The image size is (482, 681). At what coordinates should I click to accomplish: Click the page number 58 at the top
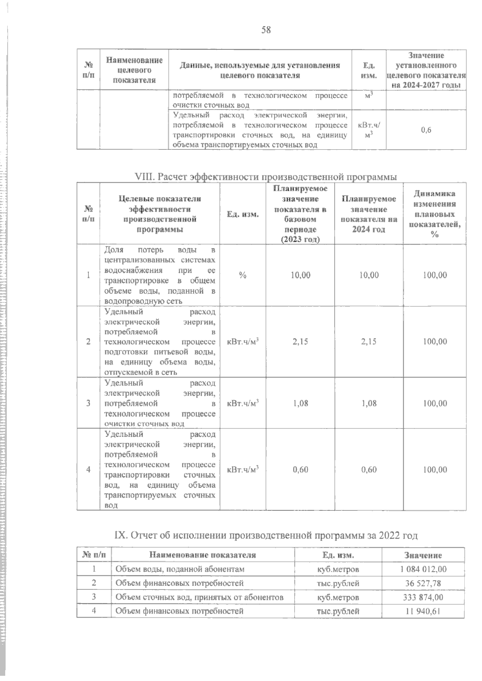tap(266, 30)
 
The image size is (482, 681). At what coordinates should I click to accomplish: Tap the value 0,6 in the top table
tap(426, 130)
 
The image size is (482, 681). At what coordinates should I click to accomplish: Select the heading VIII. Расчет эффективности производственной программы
tap(266, 177)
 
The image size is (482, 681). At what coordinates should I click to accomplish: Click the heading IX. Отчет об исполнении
tap(266, 535)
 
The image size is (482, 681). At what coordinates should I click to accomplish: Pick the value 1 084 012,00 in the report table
tap(423, 569)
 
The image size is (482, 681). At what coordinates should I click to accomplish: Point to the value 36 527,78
tap(423, 583)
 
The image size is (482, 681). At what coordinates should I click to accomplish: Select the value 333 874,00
tap(423, 597)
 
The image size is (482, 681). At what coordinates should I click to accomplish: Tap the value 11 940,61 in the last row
tap(423, 611)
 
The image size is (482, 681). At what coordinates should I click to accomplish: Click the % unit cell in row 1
tap(243, 275)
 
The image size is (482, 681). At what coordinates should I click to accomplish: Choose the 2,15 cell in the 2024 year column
tap(369, 341)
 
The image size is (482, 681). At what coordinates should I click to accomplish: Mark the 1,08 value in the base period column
tap(300, 403)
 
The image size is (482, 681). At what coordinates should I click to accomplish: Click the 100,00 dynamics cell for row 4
tap(435, 469)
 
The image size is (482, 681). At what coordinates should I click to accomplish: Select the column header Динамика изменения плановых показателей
tap(435, 214)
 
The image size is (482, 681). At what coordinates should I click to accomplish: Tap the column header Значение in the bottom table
tap(423, 555)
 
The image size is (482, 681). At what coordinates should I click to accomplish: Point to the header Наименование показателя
tap(202, 555)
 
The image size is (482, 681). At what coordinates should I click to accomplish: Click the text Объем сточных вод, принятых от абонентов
tap(199, 597)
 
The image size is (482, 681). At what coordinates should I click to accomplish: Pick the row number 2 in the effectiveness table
tap(88, 341)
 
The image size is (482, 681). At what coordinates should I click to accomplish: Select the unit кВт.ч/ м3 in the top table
tap(369, 130)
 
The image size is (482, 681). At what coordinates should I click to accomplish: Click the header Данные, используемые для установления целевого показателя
tap(260, 70)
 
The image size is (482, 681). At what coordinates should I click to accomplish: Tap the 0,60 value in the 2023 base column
tap(300, 469)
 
